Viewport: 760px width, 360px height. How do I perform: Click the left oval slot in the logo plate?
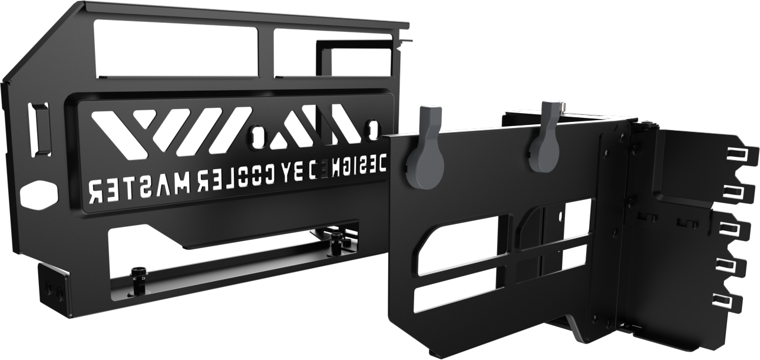point(257,137)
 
